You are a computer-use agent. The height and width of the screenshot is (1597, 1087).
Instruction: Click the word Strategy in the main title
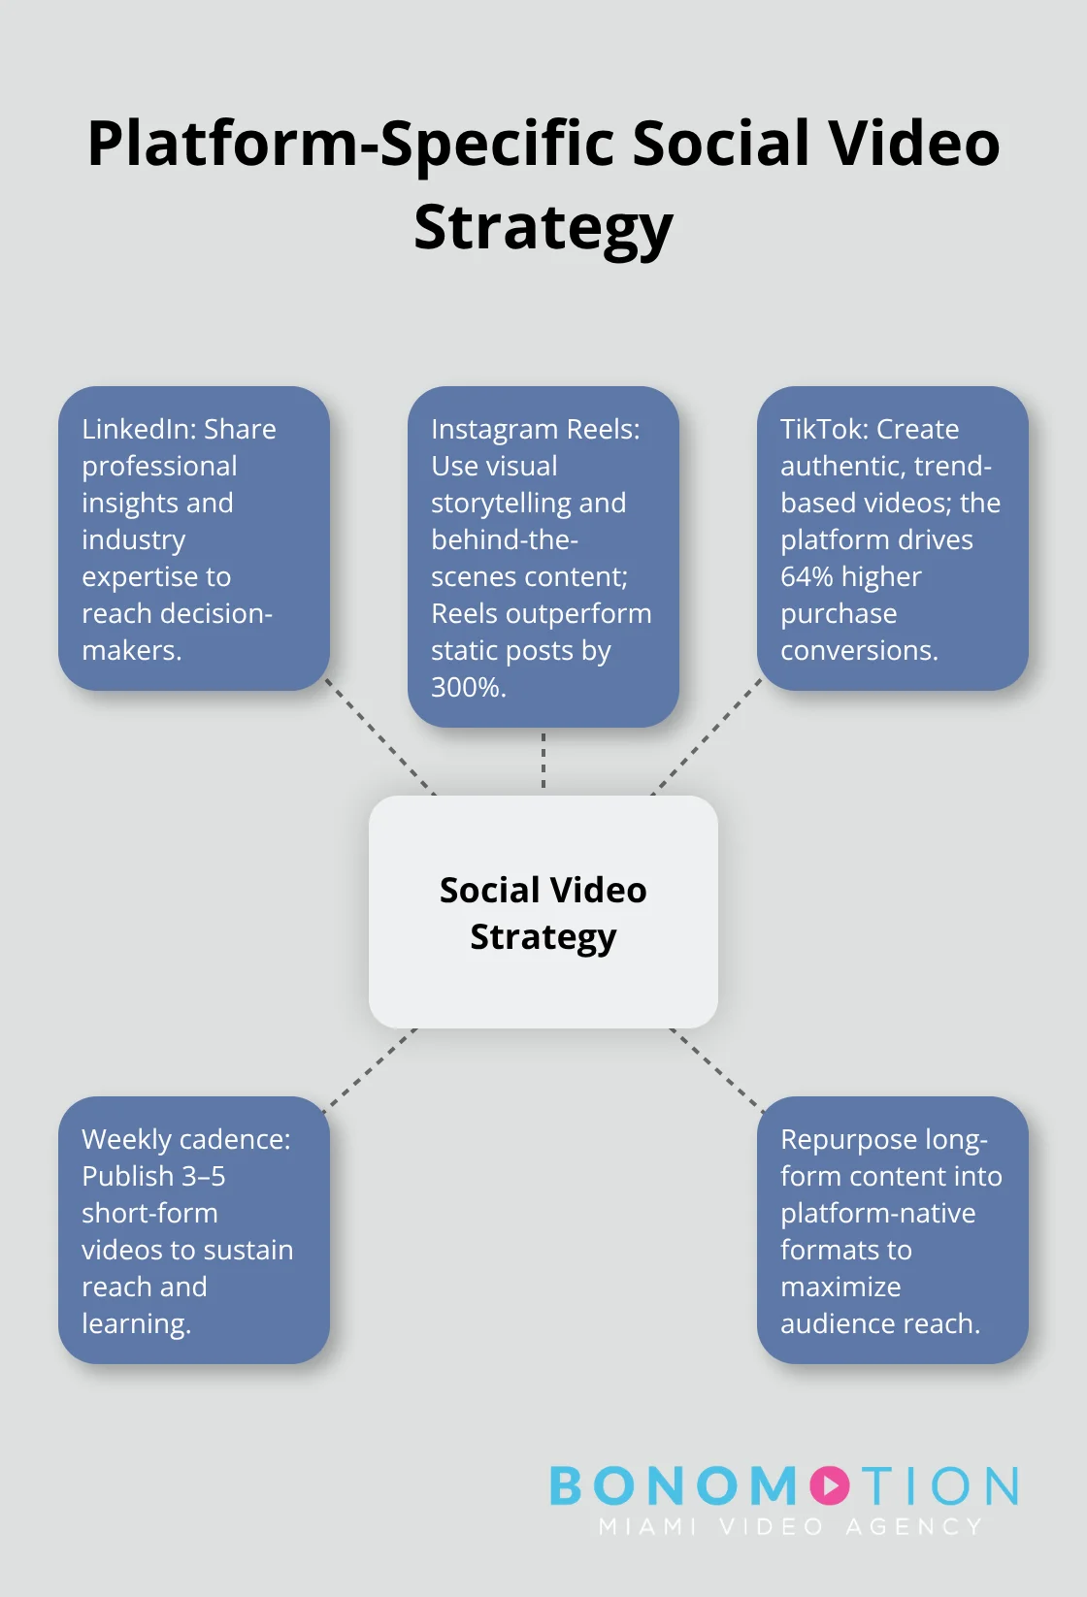pyautogui.click(x=543, y=228)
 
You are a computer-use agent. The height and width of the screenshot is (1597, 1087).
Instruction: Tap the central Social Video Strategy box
pyautogui.click(x=543, y=912)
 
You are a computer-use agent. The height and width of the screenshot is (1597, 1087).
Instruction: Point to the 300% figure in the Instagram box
pyautogui.click(x=469, y=687)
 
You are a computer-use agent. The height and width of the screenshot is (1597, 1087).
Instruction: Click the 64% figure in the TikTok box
pyautogui.click(x=807, y=576)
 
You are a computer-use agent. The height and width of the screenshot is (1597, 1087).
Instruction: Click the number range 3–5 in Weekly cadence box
pyautogui.click(x=203, y=1176)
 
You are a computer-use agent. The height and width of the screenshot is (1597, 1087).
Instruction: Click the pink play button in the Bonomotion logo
pyautogui.click(x=830, y=1485)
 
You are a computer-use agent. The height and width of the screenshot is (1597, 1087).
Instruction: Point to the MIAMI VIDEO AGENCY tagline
pyautogui.click(x=790, y=1526)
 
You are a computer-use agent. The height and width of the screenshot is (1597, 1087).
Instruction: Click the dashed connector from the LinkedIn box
pyautogui.click(x=380, y=736)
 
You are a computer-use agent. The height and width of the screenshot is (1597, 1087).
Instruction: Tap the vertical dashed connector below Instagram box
pyautogui.click(x=543, y=761)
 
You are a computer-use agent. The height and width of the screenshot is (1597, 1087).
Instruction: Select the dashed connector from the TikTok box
pyautogui.click(x=708, y=736)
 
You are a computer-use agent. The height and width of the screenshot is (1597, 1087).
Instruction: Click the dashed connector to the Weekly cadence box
pyautogui.click(x=370, y=1069)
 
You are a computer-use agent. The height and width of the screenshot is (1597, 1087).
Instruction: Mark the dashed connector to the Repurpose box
pyautogui.click(x=717, y=1069)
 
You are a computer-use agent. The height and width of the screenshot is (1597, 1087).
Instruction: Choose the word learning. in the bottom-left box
pyautogui.click(x=136, y=1324)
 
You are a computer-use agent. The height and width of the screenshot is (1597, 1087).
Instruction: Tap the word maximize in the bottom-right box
pyautogui.click(x=840, y=1287)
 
